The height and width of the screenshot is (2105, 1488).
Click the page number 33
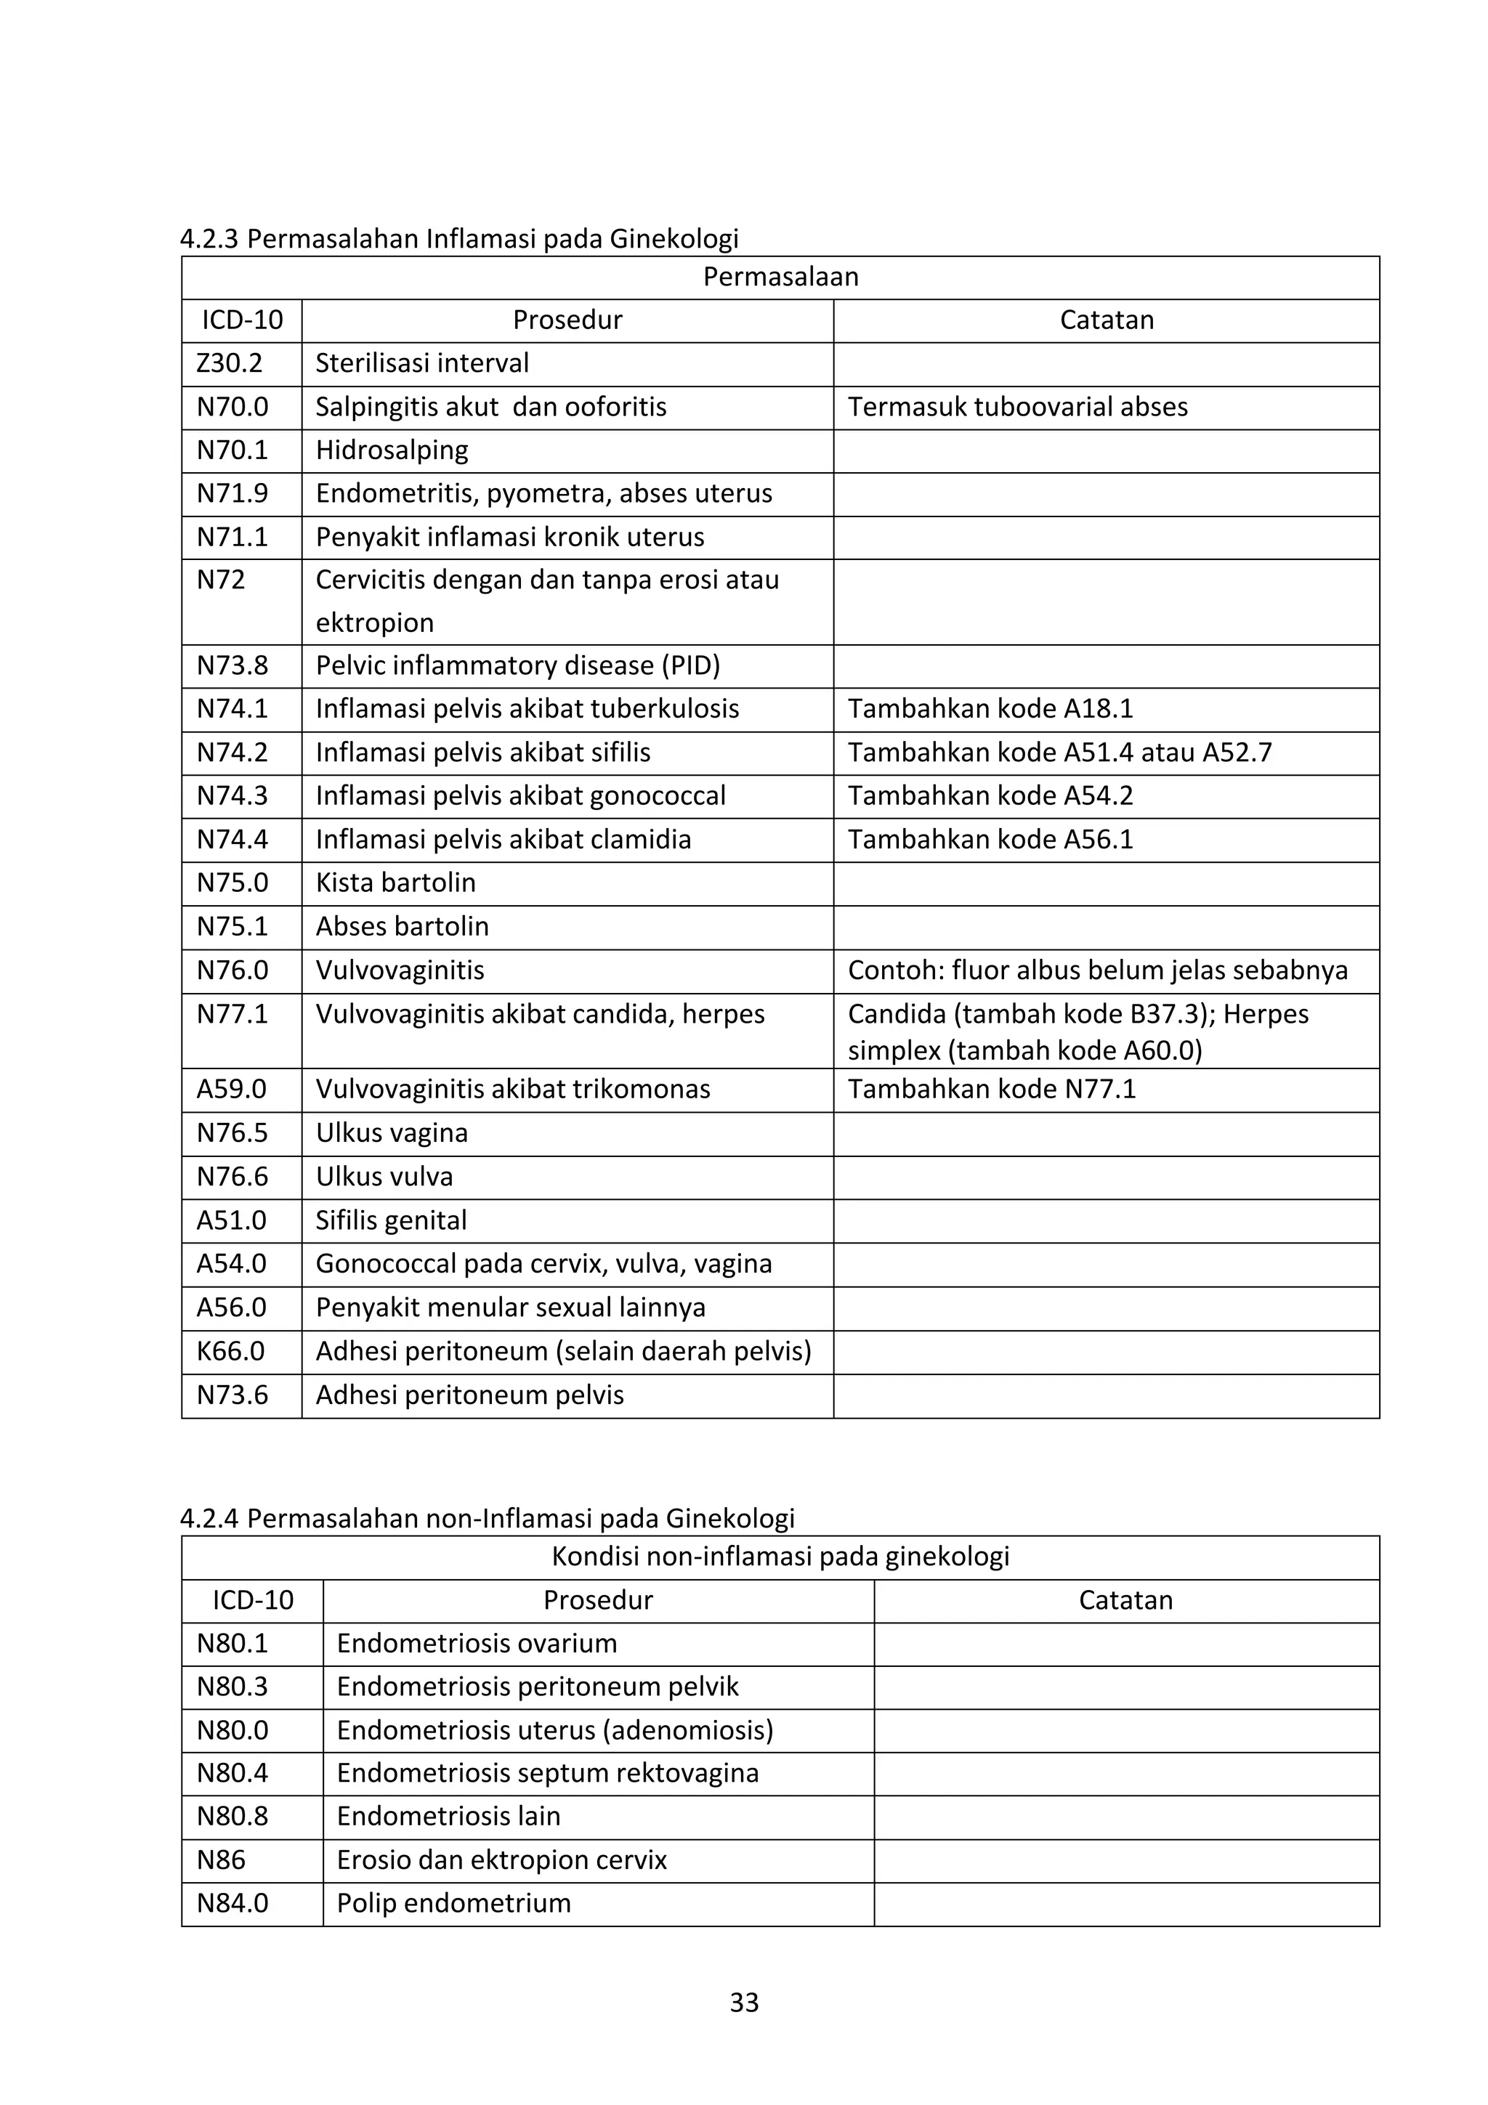pos(743,2003)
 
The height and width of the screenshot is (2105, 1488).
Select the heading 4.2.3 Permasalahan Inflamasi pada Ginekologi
pos(458,239)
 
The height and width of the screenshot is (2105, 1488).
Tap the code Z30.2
pos(229,363)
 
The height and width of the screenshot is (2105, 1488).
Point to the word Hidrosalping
pos(392,450)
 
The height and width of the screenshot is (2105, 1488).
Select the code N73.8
pos(232,665)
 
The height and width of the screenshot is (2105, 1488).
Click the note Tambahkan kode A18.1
pos(990,709)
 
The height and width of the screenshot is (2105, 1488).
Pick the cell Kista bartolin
pos(395,883)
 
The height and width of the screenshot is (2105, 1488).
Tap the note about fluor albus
pos(1096,970)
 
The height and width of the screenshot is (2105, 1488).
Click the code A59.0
pos(231,1089)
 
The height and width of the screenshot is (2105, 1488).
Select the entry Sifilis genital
pos(391,1220)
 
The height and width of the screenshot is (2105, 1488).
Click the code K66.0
pos(230,1351)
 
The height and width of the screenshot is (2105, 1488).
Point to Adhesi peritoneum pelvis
pos(469,1395)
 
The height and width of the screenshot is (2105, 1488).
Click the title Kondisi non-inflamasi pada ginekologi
pos(780,1556)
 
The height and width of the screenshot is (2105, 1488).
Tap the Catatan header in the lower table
pos(1125,1600)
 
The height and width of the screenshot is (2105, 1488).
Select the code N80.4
pos(232,1773)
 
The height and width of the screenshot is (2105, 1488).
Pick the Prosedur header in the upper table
pos(567,320)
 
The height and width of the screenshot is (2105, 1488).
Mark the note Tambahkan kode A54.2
pos(990,796)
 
